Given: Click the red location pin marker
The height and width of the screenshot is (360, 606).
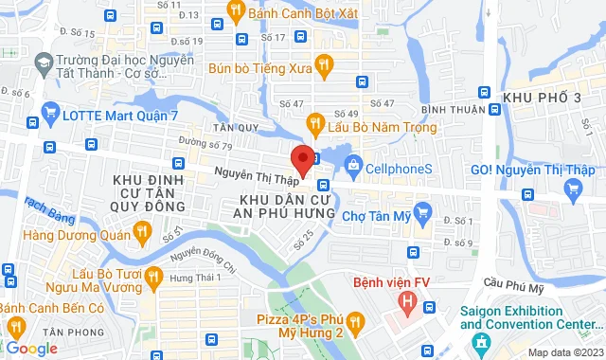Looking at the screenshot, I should click(301, 157).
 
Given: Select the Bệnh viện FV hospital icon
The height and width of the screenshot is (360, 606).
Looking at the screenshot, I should click(407, 302).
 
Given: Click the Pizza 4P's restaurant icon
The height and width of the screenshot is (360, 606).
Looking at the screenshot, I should click(355, 324).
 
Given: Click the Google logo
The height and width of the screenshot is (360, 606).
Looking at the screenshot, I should click(31, 349).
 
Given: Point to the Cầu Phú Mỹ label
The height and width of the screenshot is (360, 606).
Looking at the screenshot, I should click(514, 280).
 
